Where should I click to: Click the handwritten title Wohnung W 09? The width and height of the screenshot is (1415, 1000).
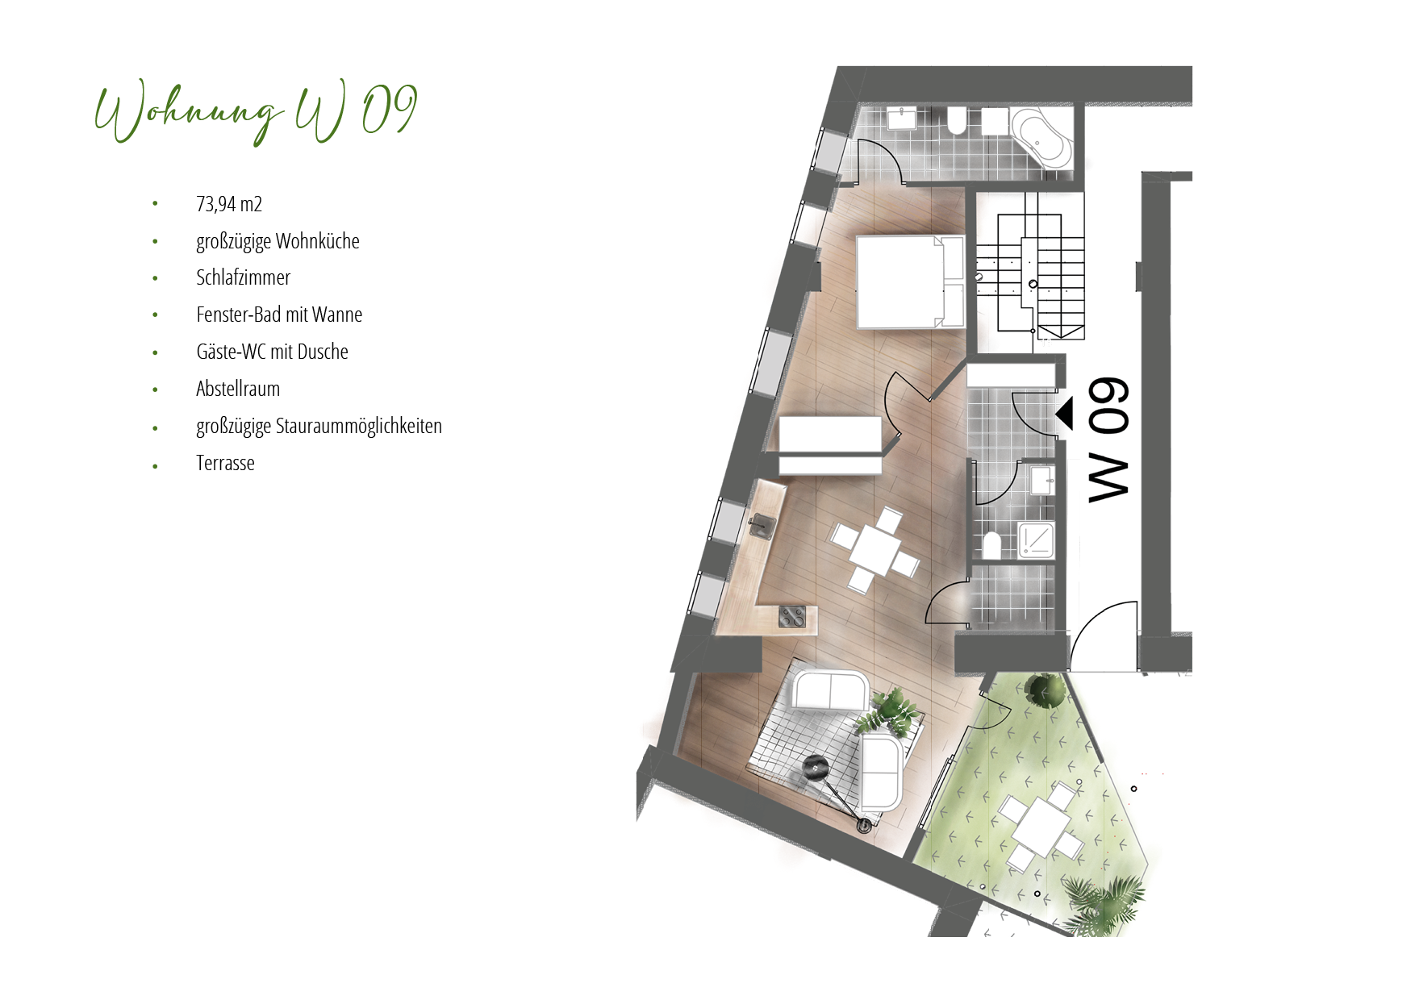256,112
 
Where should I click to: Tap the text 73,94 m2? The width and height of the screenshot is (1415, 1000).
229,204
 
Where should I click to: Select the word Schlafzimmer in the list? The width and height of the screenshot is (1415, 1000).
243,277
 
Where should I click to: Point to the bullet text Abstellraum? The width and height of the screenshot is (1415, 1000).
238,389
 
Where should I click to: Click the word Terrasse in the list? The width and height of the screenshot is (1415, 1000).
225,463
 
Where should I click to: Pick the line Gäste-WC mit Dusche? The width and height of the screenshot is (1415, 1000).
272,352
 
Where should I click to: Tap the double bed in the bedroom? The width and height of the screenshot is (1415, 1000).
911,281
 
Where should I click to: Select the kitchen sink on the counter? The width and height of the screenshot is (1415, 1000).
196,527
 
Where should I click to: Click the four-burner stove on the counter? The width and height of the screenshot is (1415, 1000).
791,616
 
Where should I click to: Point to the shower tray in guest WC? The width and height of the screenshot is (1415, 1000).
1036,540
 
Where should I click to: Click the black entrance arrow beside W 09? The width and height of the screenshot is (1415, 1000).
1065,414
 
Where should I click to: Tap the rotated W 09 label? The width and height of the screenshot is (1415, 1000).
1108,440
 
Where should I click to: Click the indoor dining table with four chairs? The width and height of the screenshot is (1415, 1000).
875,549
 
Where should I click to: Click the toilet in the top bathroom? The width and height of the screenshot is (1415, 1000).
957,120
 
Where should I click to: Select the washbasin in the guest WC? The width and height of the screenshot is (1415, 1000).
1042,480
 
